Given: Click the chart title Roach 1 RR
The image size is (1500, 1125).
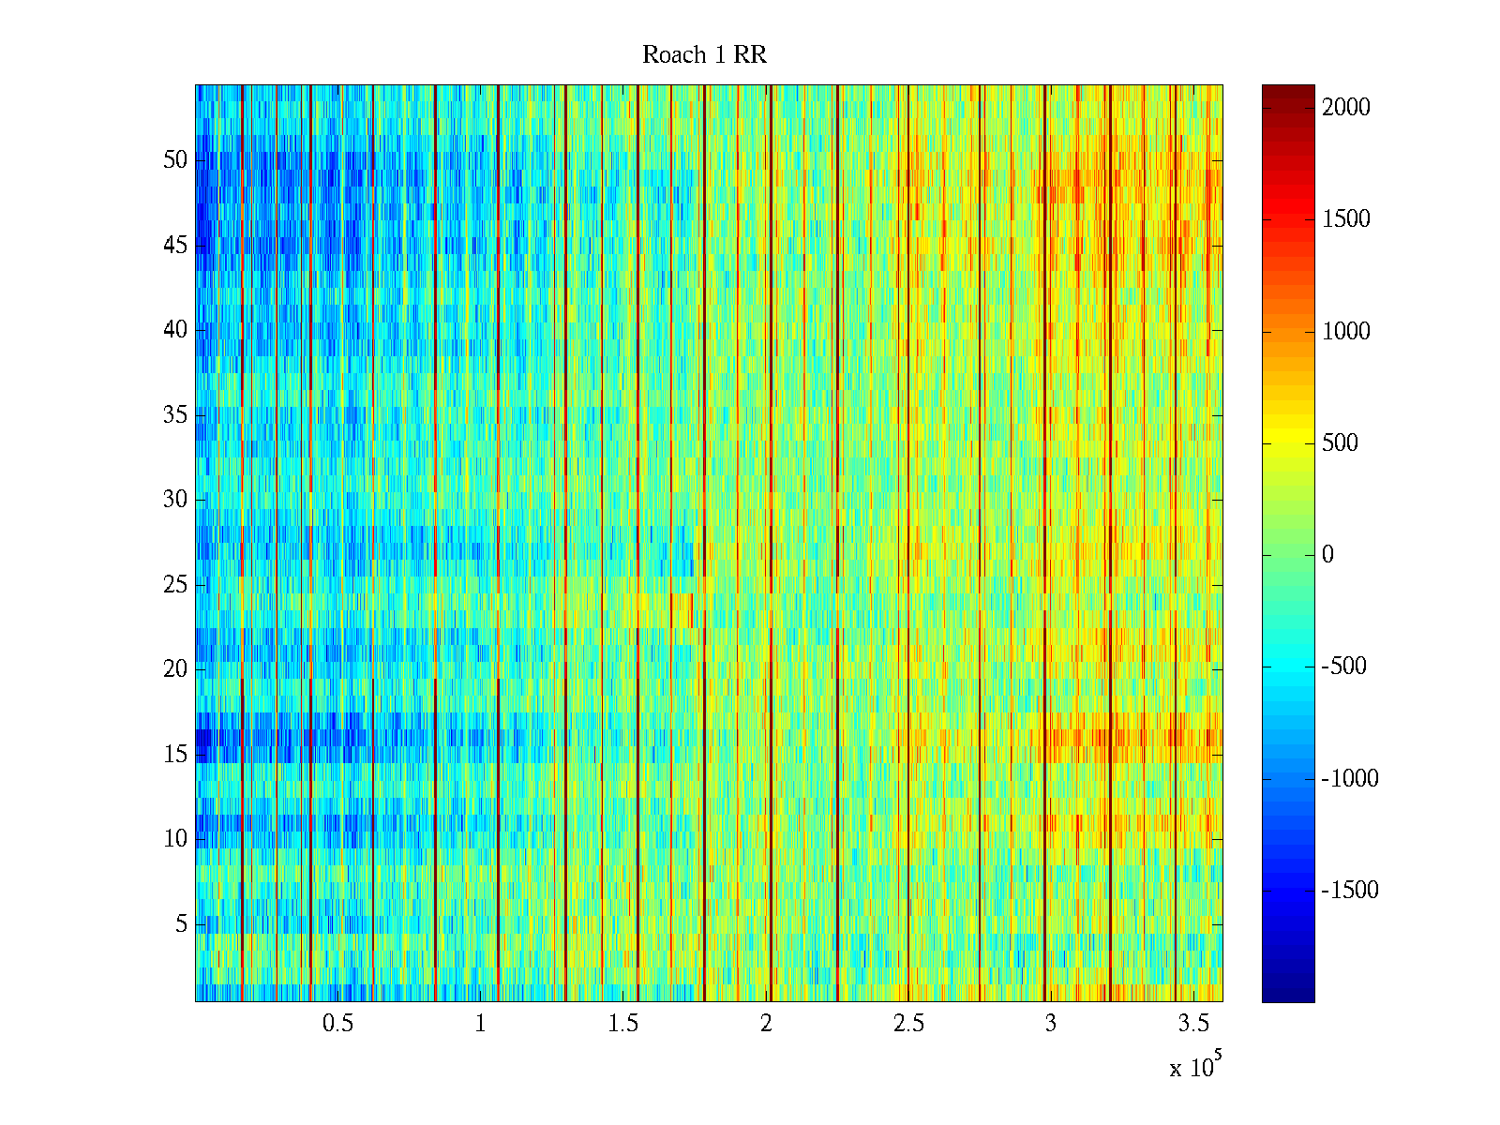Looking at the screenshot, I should pos(704,55).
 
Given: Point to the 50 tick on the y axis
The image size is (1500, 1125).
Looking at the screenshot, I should pos(175,160).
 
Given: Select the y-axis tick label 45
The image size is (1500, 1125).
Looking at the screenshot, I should pos(175,246).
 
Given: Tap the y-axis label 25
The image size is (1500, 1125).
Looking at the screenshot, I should pos(175,585).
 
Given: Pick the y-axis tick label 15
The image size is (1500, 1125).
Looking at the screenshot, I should pos(175,755).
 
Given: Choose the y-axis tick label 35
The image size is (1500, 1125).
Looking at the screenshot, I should pos(175,415).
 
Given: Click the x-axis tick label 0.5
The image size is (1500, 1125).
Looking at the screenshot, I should pos(337,1024).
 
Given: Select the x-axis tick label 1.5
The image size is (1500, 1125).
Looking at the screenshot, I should pos(622,1024).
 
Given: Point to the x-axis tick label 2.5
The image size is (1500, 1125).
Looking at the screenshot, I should pos(907,1024).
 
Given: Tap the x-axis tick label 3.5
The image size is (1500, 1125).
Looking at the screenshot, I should pos(1192,1024).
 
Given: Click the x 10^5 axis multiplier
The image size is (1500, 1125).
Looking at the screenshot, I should pos(1194,1067).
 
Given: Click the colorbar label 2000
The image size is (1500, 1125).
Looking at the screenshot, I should pos(1346,108).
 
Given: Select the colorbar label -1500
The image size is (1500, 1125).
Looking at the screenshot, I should pos(1350,891).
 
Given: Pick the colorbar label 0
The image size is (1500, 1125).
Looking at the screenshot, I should pos(1327,555).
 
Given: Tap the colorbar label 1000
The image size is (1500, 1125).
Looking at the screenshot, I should pos(1346,332).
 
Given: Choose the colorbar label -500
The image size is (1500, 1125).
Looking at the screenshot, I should pos(1344,667).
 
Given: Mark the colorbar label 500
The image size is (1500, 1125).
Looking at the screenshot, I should pos(1341,443).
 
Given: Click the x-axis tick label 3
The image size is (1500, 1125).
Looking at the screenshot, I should pos(1050,1024).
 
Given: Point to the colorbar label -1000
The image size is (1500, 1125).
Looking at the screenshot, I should pos(1350,779).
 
